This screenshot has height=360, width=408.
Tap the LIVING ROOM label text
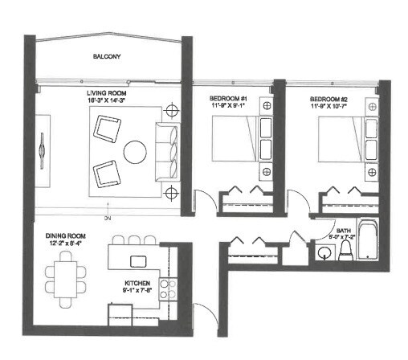(110, 93)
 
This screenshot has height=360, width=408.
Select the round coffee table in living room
(135, 151)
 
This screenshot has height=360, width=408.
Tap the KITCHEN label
(137, 282)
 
